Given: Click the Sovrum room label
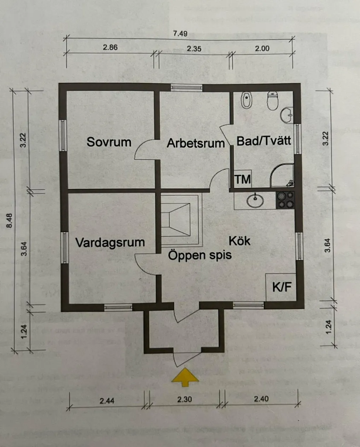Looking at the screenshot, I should [x=109, y=142].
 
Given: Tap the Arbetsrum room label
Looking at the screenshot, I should [x=196, y=143].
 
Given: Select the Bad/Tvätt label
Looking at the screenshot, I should [x=264, y=141].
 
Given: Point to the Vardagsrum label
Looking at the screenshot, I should [x=110, y=243].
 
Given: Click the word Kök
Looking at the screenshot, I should [x=239, y=241].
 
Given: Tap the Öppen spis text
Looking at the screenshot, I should [x=200, y=255].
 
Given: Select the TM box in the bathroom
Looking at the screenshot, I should [x=243, y=179].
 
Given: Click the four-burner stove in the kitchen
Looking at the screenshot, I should [x=285, y=200].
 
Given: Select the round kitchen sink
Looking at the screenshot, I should [x=255, y=201].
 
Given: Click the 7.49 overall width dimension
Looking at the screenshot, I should [x=180, y=34].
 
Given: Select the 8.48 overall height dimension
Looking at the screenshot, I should [x=10, y=220].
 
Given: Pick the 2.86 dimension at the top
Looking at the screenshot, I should [x=110, y=47].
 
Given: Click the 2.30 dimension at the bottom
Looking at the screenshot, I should [x=184, y=399].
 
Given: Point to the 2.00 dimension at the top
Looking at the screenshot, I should [x=262, y=48].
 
